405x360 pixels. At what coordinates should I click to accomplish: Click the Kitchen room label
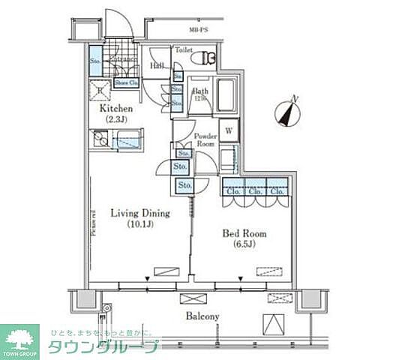coord(117,107)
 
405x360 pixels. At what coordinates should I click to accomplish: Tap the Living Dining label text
coord(140,213)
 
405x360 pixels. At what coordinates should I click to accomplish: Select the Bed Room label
coord(244,233)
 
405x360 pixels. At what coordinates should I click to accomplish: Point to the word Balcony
coord(202,316)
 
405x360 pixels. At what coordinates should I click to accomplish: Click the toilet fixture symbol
coord(205,57)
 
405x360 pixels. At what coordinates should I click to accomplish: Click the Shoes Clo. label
coord(125,82)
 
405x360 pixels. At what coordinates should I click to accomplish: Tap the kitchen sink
coord(100,139)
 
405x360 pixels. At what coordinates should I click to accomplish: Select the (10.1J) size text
coord(140,223)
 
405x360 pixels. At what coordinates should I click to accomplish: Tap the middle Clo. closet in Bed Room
coord(255,190)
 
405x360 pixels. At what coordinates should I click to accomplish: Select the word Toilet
coord(183,49)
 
